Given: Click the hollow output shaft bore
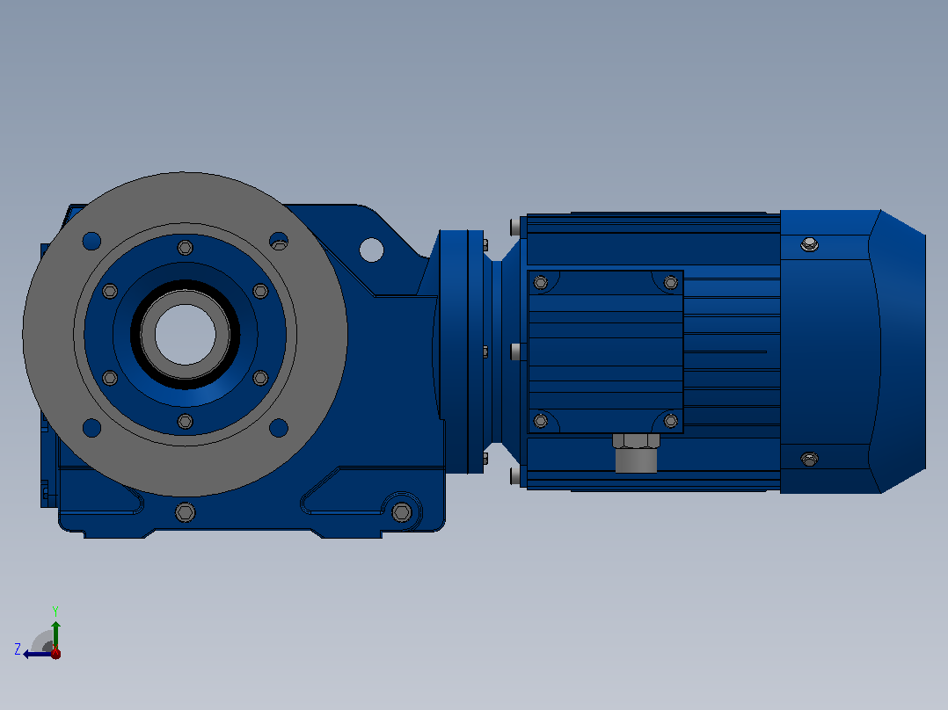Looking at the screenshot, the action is [x=185, y=334].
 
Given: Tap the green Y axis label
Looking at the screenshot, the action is [x=55, y=611].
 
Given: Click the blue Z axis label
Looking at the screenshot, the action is [x=18, y=649].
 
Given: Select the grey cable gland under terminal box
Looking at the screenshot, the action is [x=636, y=453].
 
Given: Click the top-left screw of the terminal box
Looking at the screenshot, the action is [x=541, y=282].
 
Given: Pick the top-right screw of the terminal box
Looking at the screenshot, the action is [x=670, y=282].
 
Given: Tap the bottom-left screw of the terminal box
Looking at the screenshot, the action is [x=541, y=421].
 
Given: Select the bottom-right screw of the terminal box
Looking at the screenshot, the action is [x=670, y=421].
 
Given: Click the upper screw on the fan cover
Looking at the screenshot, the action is [x=810, y=244].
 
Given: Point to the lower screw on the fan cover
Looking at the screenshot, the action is [x=810, y=460].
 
